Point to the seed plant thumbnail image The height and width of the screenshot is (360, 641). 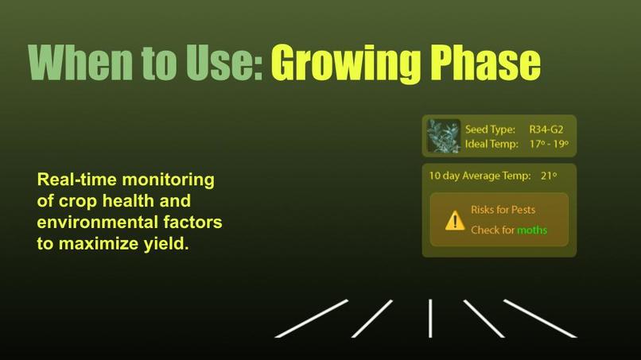pos(444,136)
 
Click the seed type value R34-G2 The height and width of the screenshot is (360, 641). pos(546,129)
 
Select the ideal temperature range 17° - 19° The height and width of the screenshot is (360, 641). pos(549,144)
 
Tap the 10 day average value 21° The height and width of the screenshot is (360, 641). pos(549,176)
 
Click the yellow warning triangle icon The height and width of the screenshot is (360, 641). pos(455,221)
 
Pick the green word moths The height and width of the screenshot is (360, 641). pos(532,230)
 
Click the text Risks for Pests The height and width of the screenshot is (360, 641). pos(503,210)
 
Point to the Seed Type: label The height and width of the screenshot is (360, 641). pos(490,129)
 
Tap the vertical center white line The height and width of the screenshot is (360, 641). pos(430,318)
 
